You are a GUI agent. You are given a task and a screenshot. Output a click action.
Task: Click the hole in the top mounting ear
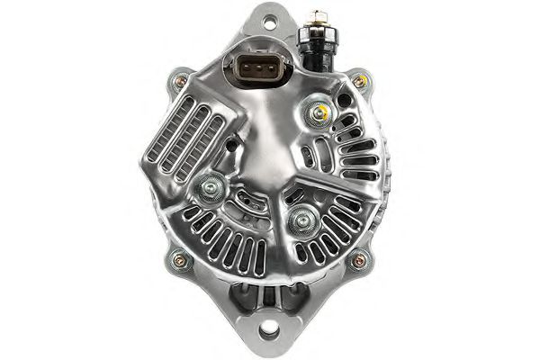coord(267,18)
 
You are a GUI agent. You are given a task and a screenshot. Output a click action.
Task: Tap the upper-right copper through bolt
coord(359,82)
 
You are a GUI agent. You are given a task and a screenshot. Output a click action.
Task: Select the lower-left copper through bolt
coord(176,262)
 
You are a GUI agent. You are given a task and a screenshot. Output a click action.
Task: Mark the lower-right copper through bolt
coord(359,261)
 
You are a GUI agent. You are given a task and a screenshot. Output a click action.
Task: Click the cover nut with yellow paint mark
coord(315,112)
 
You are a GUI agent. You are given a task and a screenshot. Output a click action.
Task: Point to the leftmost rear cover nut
coord(211,187)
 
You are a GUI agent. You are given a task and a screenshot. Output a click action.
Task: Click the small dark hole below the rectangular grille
coord(231,143)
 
